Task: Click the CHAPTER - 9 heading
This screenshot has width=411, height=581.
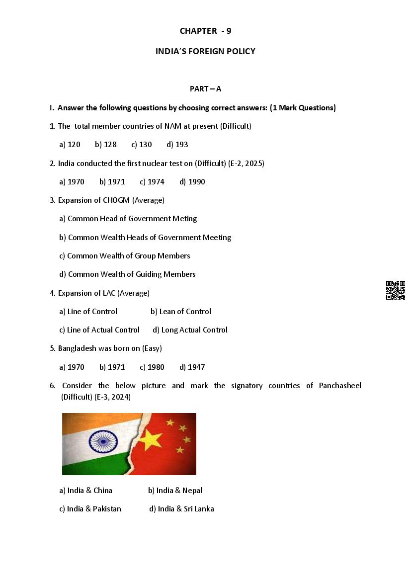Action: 205,31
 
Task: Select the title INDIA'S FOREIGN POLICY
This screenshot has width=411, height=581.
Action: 205,51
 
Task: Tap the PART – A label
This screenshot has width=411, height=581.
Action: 205,89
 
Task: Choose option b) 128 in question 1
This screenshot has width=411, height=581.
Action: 106,145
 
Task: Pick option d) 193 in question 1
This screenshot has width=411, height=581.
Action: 177,145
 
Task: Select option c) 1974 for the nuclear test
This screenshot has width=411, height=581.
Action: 152,182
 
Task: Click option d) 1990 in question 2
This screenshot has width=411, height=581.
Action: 192,182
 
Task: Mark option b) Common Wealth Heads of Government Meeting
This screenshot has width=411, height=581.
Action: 145,238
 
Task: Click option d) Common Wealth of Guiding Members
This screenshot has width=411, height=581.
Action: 127,274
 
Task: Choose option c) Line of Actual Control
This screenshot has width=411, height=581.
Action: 99,330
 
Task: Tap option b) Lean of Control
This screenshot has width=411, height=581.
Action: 181,312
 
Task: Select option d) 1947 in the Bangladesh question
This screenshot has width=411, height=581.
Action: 192,367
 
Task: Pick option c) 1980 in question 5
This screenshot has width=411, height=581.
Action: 152,367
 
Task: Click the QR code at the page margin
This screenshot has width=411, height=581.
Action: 396,290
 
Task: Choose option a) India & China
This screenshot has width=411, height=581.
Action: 85,491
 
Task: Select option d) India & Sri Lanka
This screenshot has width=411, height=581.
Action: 181,509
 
